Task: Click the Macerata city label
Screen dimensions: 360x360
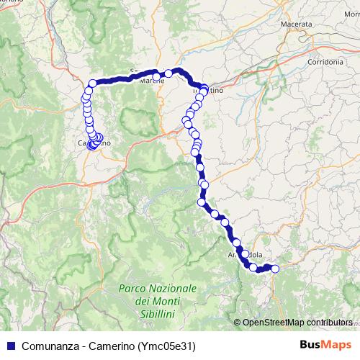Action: (297, 24)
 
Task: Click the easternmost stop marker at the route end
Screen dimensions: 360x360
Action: (274, 269)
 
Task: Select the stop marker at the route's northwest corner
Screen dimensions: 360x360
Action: (92, 84)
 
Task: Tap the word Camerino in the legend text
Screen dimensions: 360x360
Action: (109, 346)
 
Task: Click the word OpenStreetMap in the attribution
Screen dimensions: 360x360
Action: (271, 323)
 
